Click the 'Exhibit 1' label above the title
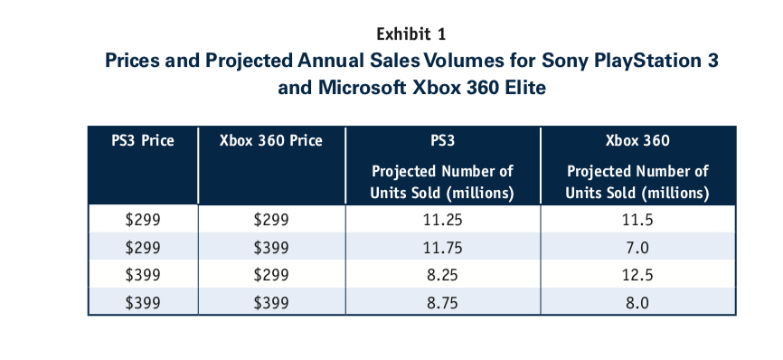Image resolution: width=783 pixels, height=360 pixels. (x=410, y=34)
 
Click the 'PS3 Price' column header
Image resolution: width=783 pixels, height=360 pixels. (x=142, y=141)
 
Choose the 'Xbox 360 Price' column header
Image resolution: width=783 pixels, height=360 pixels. (x=270, y=141)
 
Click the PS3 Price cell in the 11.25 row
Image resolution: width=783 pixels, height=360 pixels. (x=142, y=219)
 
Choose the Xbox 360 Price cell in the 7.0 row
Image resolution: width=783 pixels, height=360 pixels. (x=270, y=247)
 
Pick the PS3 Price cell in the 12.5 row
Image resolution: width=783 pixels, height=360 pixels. (x=142, y=275)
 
